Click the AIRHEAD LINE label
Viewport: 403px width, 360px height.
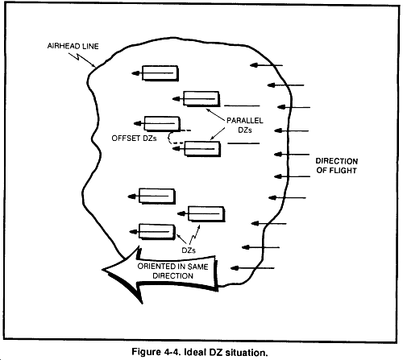73,46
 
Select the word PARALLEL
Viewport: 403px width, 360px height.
245,121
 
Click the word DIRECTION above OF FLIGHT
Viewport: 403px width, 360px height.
337,161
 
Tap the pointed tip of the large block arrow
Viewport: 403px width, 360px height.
102,270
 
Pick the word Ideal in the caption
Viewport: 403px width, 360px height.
194,352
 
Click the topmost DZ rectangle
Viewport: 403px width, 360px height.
160,73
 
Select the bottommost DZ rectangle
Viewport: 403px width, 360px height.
157,232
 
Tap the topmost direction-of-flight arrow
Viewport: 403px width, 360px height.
266,65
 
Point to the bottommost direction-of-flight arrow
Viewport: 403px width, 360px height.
252,268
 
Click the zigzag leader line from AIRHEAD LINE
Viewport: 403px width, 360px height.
82,60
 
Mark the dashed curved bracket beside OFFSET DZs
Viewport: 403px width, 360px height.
171,138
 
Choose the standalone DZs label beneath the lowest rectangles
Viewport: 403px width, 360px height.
189,250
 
